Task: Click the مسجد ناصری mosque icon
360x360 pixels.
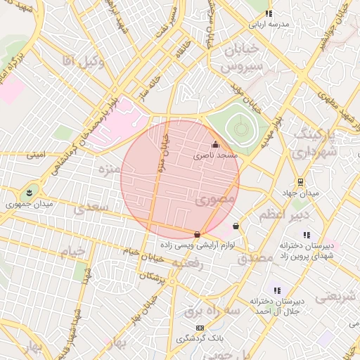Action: (215, 145)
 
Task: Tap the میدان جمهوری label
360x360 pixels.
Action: (24, 205)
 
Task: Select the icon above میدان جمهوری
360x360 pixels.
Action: (29, 192)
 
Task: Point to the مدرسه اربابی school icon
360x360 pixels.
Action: (269, 13)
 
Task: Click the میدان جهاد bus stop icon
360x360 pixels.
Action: (300, 181)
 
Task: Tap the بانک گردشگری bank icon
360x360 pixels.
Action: (200, 328)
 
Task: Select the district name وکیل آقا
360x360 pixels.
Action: (83, 62)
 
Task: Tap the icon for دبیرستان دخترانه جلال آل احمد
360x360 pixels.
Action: (277, 290)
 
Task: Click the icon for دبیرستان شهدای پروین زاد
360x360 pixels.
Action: (307, 235)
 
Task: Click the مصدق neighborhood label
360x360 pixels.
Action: (255, 258)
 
